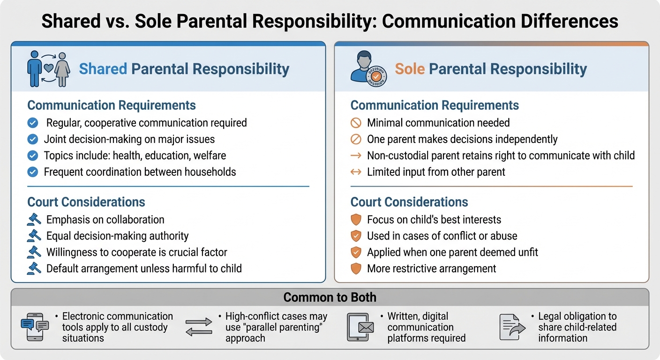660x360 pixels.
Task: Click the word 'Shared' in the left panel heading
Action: [x=103, y=69]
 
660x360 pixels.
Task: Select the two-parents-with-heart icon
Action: [x=48, y=69]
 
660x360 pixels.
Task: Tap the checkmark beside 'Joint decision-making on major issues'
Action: [x=33, y=139]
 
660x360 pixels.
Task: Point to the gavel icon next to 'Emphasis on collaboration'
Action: [x=34, y=219]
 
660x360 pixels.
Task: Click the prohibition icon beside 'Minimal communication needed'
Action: [x=356, y=123]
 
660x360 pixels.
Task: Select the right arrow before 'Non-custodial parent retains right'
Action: [x=356, y=156]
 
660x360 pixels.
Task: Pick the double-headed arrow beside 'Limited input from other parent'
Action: [x=356, y=172]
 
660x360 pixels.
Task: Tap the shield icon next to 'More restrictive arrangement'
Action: [x=356, y=269]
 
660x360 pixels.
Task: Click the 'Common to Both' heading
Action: [x=330, y=298]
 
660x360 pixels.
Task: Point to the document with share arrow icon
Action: [x=511, y=327]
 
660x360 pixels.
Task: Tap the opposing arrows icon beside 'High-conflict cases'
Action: [x=199, y=327]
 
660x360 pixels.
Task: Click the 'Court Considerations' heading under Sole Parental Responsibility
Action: [x=409, y=202]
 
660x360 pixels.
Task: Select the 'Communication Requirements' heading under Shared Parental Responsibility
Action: [x=112, y=105]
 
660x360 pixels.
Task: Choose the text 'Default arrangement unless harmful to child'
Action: [x=144, y=269]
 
